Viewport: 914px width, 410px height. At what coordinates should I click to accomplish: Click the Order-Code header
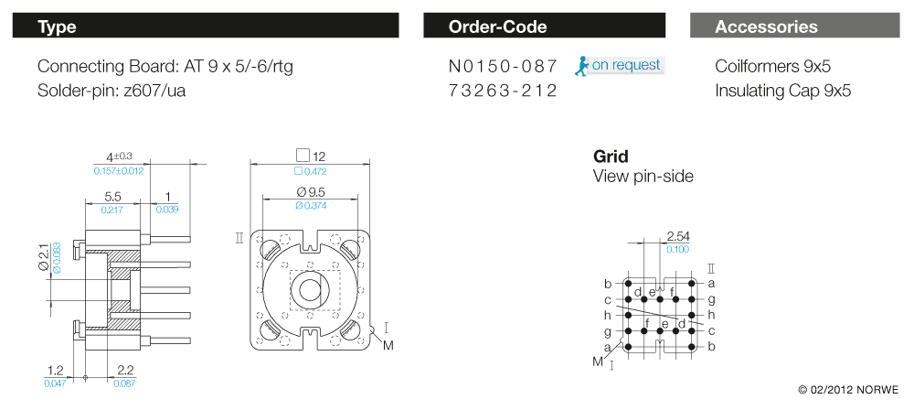(x=544, y=27)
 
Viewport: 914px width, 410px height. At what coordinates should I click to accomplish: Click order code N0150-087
(x=503, y=67)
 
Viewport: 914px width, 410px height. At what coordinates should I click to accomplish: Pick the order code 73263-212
(x=503, y=91)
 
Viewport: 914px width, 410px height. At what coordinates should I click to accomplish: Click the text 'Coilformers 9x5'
(x=772, y=67)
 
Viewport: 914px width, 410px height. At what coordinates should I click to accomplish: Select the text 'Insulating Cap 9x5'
(x=782, y=91)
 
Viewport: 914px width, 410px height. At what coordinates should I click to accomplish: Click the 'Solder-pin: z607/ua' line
(x=112, y=91)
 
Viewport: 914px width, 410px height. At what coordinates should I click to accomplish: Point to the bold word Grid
(x=611, y=156)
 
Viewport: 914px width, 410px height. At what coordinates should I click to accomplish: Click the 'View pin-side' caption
(x=643, y=176)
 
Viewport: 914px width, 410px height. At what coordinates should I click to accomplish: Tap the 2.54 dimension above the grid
(x=678, y=236)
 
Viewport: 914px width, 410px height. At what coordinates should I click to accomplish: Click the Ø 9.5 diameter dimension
(x=310, y=192)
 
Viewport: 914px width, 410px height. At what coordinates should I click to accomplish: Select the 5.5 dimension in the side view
(x=113, y=197)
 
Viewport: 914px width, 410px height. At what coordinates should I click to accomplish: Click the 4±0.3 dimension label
(x=120, y=156)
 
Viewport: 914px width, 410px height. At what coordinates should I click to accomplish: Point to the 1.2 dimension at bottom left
(x=55, y=370)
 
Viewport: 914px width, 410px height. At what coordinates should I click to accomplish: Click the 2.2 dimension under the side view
(x=126, y=370)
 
